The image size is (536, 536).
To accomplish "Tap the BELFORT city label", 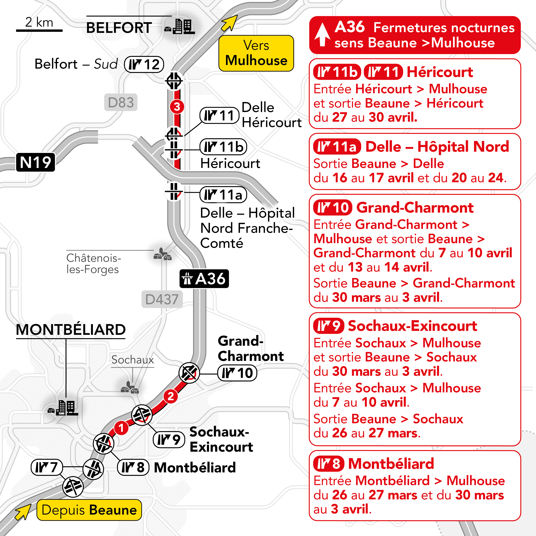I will point(119,28).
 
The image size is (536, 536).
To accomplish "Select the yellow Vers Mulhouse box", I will point(256,53).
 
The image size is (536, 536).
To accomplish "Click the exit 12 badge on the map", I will point(144,64).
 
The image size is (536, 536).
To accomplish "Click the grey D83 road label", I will point(121,102).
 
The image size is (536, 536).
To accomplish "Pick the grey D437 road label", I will point(162,299).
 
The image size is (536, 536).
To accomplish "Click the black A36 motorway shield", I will point(204,279).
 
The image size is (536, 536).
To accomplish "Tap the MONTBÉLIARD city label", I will point(71,330).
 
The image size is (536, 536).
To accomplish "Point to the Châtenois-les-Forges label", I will point(93,264).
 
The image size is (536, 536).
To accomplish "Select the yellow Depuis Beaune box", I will point(89,510).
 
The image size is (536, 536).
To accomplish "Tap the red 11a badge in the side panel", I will point(337,147).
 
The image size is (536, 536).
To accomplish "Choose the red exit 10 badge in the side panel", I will point(332,207).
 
